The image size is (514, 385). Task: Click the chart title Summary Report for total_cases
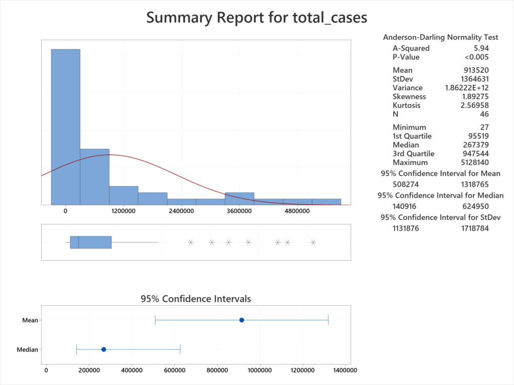click(x=256, y=18)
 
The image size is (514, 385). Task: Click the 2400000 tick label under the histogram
click(x=181, y=211)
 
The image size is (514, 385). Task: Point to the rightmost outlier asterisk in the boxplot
click(x=313, y=242)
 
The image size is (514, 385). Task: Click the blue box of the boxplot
click(x=90, y=242)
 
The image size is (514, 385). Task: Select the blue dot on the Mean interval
click(x=241, y=320)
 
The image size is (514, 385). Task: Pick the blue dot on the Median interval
click(x=103, y=349)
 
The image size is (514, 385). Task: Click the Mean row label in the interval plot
click(x=30, y=320)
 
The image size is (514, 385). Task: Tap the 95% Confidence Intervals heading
click(x=196, y=299)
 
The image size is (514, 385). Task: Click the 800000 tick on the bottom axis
click(x=217, y=370)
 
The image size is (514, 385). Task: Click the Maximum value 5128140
click(x=473, y=162)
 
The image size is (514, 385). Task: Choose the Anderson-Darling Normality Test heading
click(x=440, y=37)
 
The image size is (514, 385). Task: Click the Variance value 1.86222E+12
click(x=467, y=88)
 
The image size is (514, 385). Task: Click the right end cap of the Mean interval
click(x=328, y=320)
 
